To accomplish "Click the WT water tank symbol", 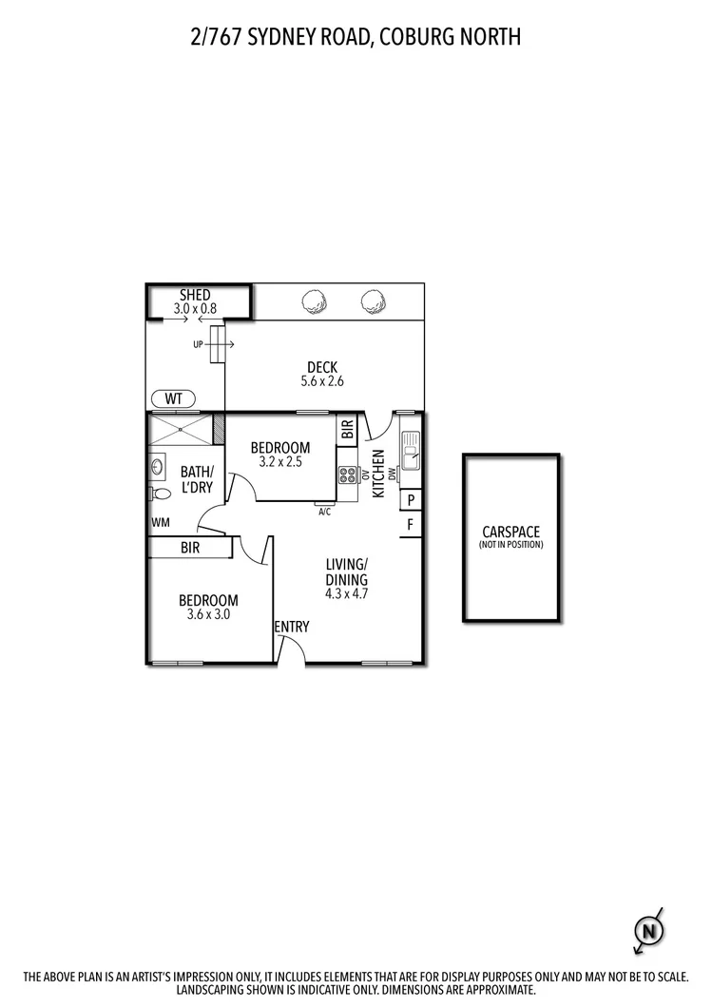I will pyautogui.click(x=173, y=397).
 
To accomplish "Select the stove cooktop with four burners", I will pyautogui.click(x=347, y=475).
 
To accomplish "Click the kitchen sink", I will pyautogui.click(x=411, y=451).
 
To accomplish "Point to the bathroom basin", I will pyautogui.click(x=156, y=467).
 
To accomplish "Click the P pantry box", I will pyautogui.click(x=411, y=500).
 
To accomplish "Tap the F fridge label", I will pyautogui.click(x=411, y=524).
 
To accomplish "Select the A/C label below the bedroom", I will pyautogui.click(x=325, y=512).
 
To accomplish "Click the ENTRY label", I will pyautogui.click(x=291, y=627).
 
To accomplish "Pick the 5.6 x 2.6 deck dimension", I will pyautogui.click(x=321, y=382).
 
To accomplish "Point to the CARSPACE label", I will pyautogui.click(x=511, y=533).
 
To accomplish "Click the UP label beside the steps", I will pyautogui.click(x=198, y=344).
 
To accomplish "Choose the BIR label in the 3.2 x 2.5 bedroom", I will pyautogui.click(x=347, y=430).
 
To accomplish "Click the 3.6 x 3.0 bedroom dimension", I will pyautogui.click(x=208, y=614).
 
